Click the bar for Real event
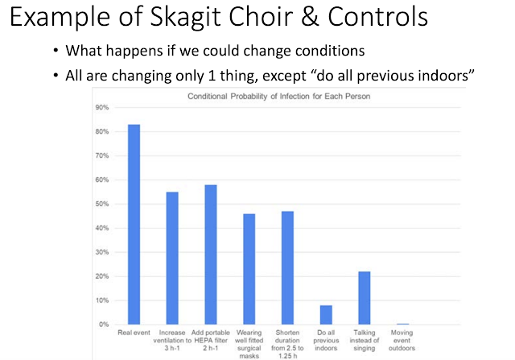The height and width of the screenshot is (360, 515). coord(134,225)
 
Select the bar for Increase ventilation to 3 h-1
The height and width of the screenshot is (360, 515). coord(172,258)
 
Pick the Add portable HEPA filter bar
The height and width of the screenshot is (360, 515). coord(211,254)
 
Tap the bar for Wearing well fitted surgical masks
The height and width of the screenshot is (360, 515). coord(249,269)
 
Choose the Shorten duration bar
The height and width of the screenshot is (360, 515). coord(288,267)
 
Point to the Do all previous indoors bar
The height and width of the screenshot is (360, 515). coord(326,315)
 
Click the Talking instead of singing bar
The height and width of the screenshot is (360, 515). coord(365,298)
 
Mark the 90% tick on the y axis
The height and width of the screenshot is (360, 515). coord(102,107)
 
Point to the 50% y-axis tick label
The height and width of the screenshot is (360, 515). coord(102,204)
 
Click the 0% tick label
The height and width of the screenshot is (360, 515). coord(104,325)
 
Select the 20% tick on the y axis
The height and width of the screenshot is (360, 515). coord(102,276)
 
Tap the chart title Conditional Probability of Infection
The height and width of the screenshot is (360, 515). coord(279,97)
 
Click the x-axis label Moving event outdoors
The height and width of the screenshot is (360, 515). coord(402,341)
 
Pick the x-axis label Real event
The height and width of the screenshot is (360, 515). coord(134,333)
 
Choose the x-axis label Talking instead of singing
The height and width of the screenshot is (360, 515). coord(365,341)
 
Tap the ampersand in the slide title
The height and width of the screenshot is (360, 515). coord(310,16)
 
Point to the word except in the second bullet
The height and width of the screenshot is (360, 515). coord(284,77)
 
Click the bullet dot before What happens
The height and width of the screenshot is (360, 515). coord(56,51)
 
